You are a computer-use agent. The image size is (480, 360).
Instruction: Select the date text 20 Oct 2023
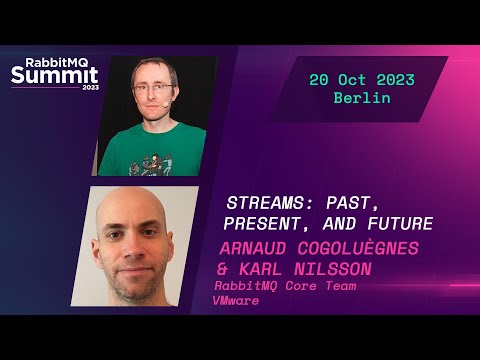pos(361,80)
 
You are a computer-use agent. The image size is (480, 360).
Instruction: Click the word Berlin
pos(362,100)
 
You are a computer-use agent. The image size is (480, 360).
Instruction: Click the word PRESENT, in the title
pos(263,223)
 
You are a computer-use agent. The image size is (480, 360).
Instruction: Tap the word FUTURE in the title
pos(397,223)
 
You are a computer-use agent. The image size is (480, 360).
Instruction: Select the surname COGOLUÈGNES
pos(369,247)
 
